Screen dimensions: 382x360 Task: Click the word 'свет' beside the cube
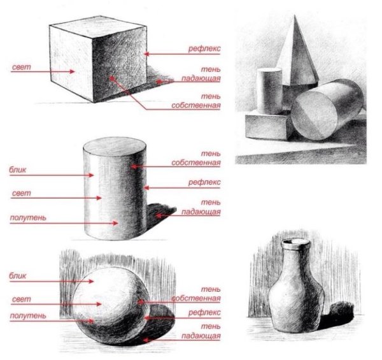[22, 68]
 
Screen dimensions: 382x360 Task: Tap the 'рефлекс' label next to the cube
[204, 48]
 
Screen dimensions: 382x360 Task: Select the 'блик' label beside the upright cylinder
[18, 169]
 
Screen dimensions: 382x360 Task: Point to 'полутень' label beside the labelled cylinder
[28, 217]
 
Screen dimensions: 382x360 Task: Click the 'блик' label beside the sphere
[18, 276]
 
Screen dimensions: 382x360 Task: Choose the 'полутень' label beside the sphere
[28, 315]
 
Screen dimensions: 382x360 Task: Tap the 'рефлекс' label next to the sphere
[204, 312]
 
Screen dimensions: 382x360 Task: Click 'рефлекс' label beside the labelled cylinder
[204, 182]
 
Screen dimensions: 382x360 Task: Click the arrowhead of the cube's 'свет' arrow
[72, 71]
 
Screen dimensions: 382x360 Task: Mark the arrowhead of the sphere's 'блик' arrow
[91, 281]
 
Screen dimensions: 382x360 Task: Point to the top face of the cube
[98, 27]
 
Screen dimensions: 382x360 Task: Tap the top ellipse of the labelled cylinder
[115, 147]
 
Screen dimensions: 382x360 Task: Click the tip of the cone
[295, 15]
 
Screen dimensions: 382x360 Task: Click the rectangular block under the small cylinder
[267, 126]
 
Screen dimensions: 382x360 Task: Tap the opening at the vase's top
[295, 243]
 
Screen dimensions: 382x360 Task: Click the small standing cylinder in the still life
[269, 91]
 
